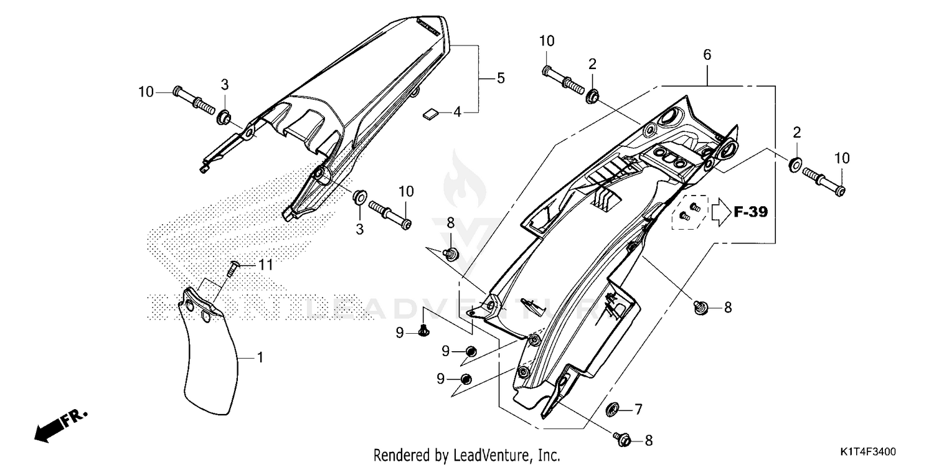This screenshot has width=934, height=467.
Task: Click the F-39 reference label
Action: click(750, 212)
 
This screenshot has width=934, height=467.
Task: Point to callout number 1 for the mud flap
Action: click(260, 358)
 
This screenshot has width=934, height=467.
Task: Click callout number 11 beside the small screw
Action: click(266, 265)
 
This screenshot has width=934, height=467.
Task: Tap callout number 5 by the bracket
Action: click(501, 78)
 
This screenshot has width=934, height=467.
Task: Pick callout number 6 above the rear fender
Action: click(707, 55)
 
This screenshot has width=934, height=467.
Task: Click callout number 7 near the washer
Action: click(638, 409)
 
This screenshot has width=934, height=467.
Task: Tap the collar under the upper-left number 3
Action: click(224, 116)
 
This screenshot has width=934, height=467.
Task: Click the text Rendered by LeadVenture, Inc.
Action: click(467, 455)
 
